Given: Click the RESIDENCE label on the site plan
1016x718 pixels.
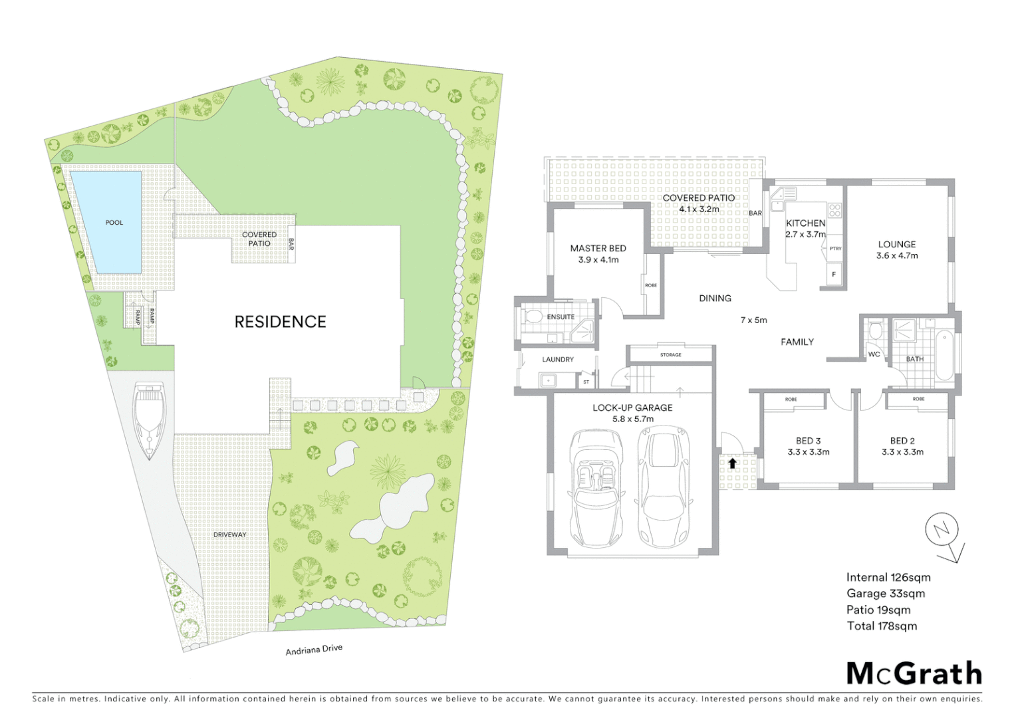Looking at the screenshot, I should pos(280,322).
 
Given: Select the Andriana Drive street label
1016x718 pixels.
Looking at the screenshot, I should pos(314,650).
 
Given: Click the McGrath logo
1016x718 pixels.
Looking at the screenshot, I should pos(914,673).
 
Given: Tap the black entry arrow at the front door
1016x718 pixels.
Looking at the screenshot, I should pos(733,463).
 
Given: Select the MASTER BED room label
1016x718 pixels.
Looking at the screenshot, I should pos(598,248).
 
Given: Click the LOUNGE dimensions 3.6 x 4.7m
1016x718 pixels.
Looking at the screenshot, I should pos(896,255).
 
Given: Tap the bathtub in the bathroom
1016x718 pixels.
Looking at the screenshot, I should pos(944,355).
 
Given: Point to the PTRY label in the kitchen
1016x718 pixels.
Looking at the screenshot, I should pos(835,249).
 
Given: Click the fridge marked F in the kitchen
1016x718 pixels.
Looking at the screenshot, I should pos(834,274).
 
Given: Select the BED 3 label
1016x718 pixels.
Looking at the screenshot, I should pos(808,441).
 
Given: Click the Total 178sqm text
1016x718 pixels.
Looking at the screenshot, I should pos(881,626).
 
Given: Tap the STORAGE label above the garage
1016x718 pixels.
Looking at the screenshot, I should pos(670,355).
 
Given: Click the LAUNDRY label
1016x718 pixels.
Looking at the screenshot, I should pos(557,359).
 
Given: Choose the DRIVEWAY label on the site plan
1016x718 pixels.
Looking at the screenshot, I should pos(229,535).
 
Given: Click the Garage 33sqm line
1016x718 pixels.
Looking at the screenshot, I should pos(885,594).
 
